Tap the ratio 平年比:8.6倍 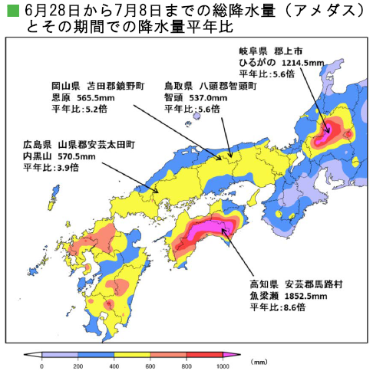click(x=277, y=307)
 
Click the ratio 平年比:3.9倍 click(x=46, y=169)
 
